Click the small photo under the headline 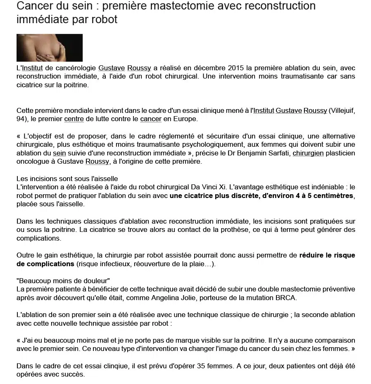click(x=50, y=48)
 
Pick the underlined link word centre click(x=74, y=119)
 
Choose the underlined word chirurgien click(x=308, y=153)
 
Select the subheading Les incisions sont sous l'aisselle click(x=67, y=179)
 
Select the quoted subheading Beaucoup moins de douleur click(x=63, y=281)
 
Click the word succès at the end click(x=74, y=374)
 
